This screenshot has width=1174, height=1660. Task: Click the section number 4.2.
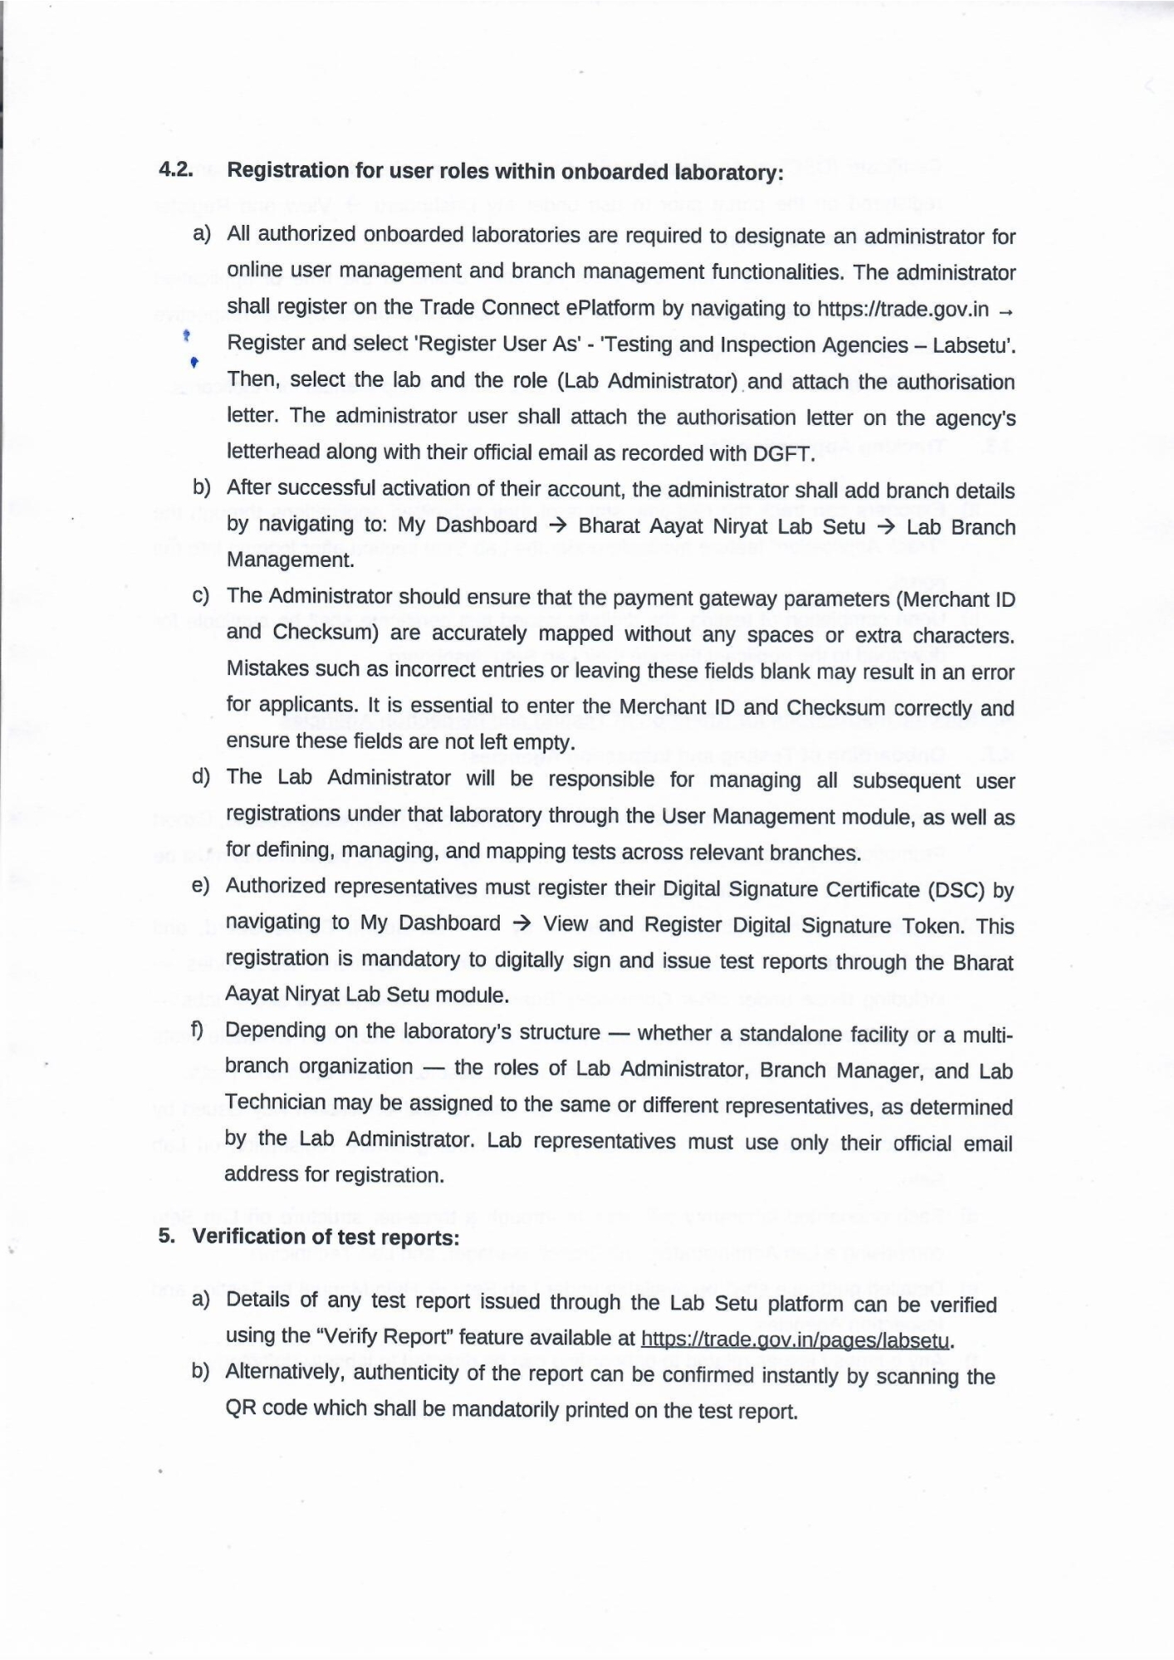tap(176, 169)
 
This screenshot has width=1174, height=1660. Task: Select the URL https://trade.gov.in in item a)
tap(903, 310)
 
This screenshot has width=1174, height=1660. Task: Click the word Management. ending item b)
tap(290, 560)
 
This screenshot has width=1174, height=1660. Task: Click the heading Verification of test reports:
tap(325, 1237)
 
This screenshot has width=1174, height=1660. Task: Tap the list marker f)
tap(198, 1030)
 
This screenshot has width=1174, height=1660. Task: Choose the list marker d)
tap(200, 777)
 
